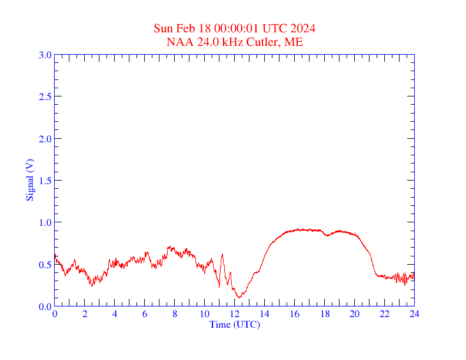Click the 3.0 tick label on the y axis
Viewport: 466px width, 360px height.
pos(45,55)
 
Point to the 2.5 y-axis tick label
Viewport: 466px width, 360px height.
pos(45,96)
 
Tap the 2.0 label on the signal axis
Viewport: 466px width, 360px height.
pos(45,139)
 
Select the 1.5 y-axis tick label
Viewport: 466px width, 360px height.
pos(45,181)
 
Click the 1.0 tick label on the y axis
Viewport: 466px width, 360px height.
pos(45,222)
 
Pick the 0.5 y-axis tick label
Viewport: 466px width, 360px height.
pos(45,265)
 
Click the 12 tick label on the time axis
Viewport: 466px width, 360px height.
pos(235,314)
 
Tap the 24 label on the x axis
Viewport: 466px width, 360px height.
pos(414,314)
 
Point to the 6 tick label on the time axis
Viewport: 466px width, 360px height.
pos(145,314)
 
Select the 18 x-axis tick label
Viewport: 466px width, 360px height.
pos(325,314)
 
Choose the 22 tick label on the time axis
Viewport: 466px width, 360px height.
pos(384,314)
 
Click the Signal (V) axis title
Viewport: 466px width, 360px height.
pos(29,180)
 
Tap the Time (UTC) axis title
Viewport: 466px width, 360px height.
pos(235,324)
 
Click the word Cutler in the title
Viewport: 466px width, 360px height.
pos(261,42)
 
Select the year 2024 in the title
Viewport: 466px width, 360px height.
pos(302,28)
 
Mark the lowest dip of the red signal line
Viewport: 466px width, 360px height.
pos(239,297)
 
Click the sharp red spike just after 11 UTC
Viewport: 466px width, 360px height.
pos(222,254)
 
